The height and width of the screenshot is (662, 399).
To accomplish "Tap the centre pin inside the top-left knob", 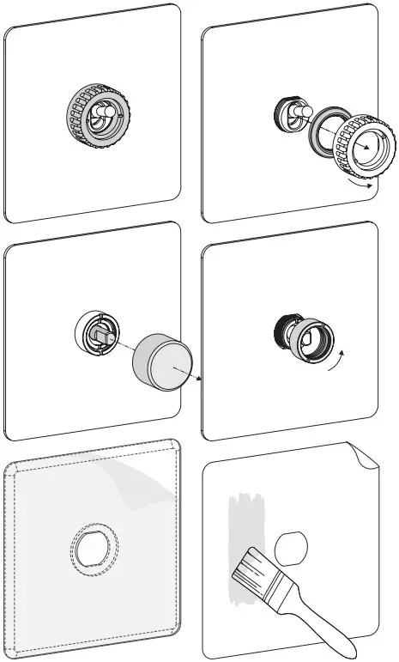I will coord(104,114).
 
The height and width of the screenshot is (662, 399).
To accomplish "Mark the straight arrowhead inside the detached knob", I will coord(370,148).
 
